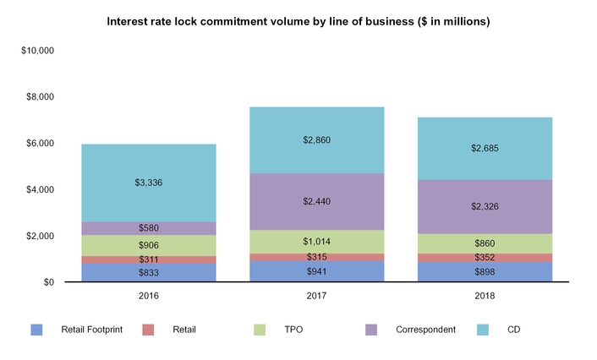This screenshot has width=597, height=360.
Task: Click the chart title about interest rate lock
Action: pyautogui.click(x=298, y=20)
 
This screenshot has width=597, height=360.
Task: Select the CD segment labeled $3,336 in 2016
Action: pyautogui.click(x=149, y=183)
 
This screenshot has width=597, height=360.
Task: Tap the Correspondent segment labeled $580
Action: pyautogui.click(x=149, y=228)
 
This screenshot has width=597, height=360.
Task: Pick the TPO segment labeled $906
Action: pyautogui.click(x=149, y=245)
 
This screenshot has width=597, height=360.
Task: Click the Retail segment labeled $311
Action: pyautogui.click(x=149, y=259)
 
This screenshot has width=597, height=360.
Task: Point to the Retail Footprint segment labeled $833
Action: pyautogui.click(x=149, y=272)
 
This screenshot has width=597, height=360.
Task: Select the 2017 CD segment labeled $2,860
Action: pyautogui.click(x=317, y=139)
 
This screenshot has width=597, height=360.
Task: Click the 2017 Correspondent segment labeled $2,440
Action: pyautogui.click(x=317, y=202)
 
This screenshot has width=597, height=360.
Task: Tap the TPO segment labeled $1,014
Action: pyautogui.click(x=317, y=242)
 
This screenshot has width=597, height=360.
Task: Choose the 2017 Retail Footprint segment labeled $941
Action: pyautogui.click(x=317, y=271)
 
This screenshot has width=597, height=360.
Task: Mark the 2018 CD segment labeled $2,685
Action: pyautogui.click(x=485, y=148)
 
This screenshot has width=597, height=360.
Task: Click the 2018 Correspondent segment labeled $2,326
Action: pyautogui.click(x=485, y=206)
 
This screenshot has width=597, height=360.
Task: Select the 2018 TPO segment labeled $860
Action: pyautogui.click(x=485, y=243)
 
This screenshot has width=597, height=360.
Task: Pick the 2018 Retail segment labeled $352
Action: pyautogui.click(x=485, y=258)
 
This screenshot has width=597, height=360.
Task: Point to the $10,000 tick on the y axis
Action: pyautogui.click(x=38, y=51)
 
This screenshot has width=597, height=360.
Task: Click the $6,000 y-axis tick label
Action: pyautogui.click(x=40, y=144)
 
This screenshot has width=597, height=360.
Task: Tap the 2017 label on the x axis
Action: pyautogui.click(x=317, y=297)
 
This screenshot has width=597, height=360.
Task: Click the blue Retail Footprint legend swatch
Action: pyautogui.click(x=36, y=330)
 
